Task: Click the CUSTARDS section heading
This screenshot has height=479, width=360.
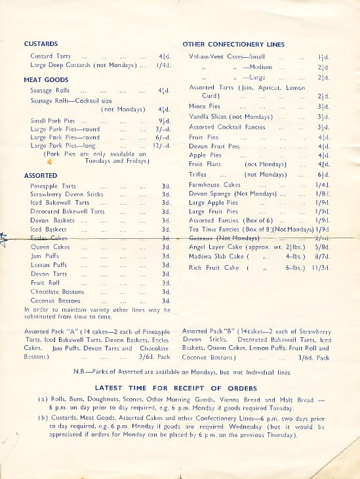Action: point(41,44)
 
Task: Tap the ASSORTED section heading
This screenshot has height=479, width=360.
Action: point(41,176)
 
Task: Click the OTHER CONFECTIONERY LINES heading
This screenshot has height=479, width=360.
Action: point(233,44)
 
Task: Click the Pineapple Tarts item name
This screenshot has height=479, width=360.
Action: point(53,186)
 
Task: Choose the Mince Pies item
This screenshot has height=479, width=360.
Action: point(205,106)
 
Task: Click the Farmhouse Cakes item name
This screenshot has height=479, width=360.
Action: point(214,185)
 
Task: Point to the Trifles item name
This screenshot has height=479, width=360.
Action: point(197,175)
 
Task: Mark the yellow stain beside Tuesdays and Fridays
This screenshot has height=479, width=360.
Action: point(49,160)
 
